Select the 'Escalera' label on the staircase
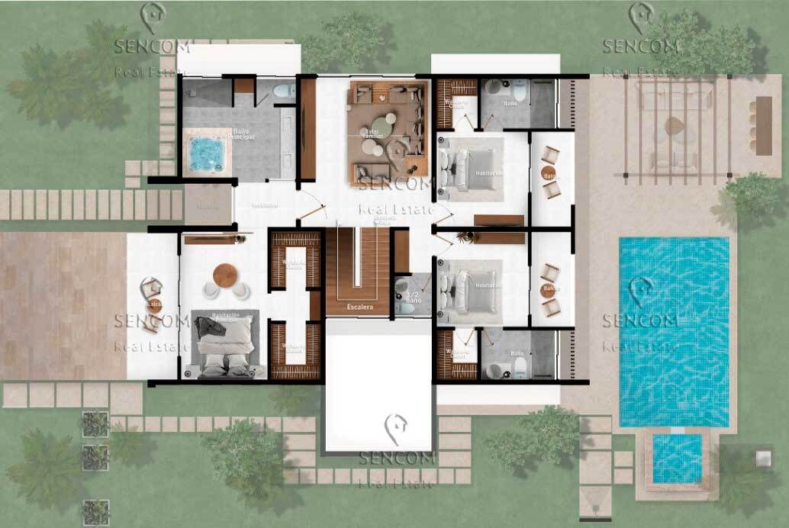tap(359, 307)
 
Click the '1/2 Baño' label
tap(413, 298)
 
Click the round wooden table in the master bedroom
tap(226, 275)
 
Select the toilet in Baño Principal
tap(283, 92)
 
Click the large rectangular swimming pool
tap(673, 331)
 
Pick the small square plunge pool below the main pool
tap(677, 458)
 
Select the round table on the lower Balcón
tap(549, 289)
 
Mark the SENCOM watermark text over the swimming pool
tap(640, 320)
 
